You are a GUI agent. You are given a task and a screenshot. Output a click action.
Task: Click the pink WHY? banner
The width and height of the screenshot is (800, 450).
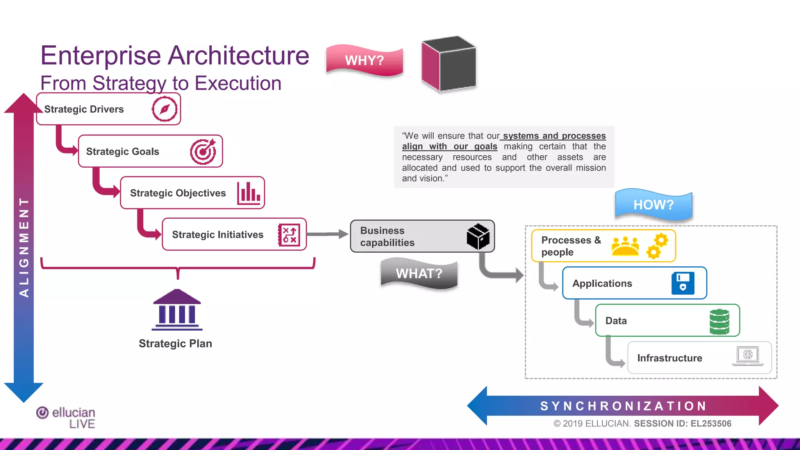pos(364,60)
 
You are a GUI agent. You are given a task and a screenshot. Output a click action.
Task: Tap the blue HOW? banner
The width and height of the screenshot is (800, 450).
pos(654,204)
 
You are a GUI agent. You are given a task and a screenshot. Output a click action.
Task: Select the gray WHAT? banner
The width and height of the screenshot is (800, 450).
pos(419,273)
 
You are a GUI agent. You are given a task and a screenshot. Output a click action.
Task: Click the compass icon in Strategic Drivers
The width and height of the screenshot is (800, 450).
pos(164,109)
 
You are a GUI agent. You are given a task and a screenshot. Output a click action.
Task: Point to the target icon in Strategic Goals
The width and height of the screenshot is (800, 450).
pos(203,152)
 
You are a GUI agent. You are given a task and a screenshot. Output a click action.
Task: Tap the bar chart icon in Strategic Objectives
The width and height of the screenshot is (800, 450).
pos(249,193)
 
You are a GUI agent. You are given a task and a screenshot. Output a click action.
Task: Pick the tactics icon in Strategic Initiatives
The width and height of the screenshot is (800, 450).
pos(289,235)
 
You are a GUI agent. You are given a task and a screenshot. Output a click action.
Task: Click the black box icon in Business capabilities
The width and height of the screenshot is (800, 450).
pos(478,236)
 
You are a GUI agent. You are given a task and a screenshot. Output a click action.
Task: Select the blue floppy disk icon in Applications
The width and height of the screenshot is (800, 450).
pos(683,283)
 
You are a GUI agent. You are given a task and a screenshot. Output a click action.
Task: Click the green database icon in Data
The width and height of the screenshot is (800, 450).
pos(719,321)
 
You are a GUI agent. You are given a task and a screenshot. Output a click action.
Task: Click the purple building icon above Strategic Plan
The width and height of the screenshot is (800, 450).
pos(177,309)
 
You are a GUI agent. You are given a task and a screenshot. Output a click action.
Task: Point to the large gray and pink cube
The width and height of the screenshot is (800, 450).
pos(449,64)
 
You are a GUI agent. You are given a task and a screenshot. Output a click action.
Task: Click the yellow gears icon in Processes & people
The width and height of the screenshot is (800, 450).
pos(657,245)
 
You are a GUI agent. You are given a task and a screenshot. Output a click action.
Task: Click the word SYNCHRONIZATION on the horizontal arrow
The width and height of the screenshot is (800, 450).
pos(623,406)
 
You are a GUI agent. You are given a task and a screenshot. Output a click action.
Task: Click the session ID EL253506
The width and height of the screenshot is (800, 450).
pos(711,423)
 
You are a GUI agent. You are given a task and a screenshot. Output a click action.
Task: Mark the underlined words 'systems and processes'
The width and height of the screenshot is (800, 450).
pos(554,136)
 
